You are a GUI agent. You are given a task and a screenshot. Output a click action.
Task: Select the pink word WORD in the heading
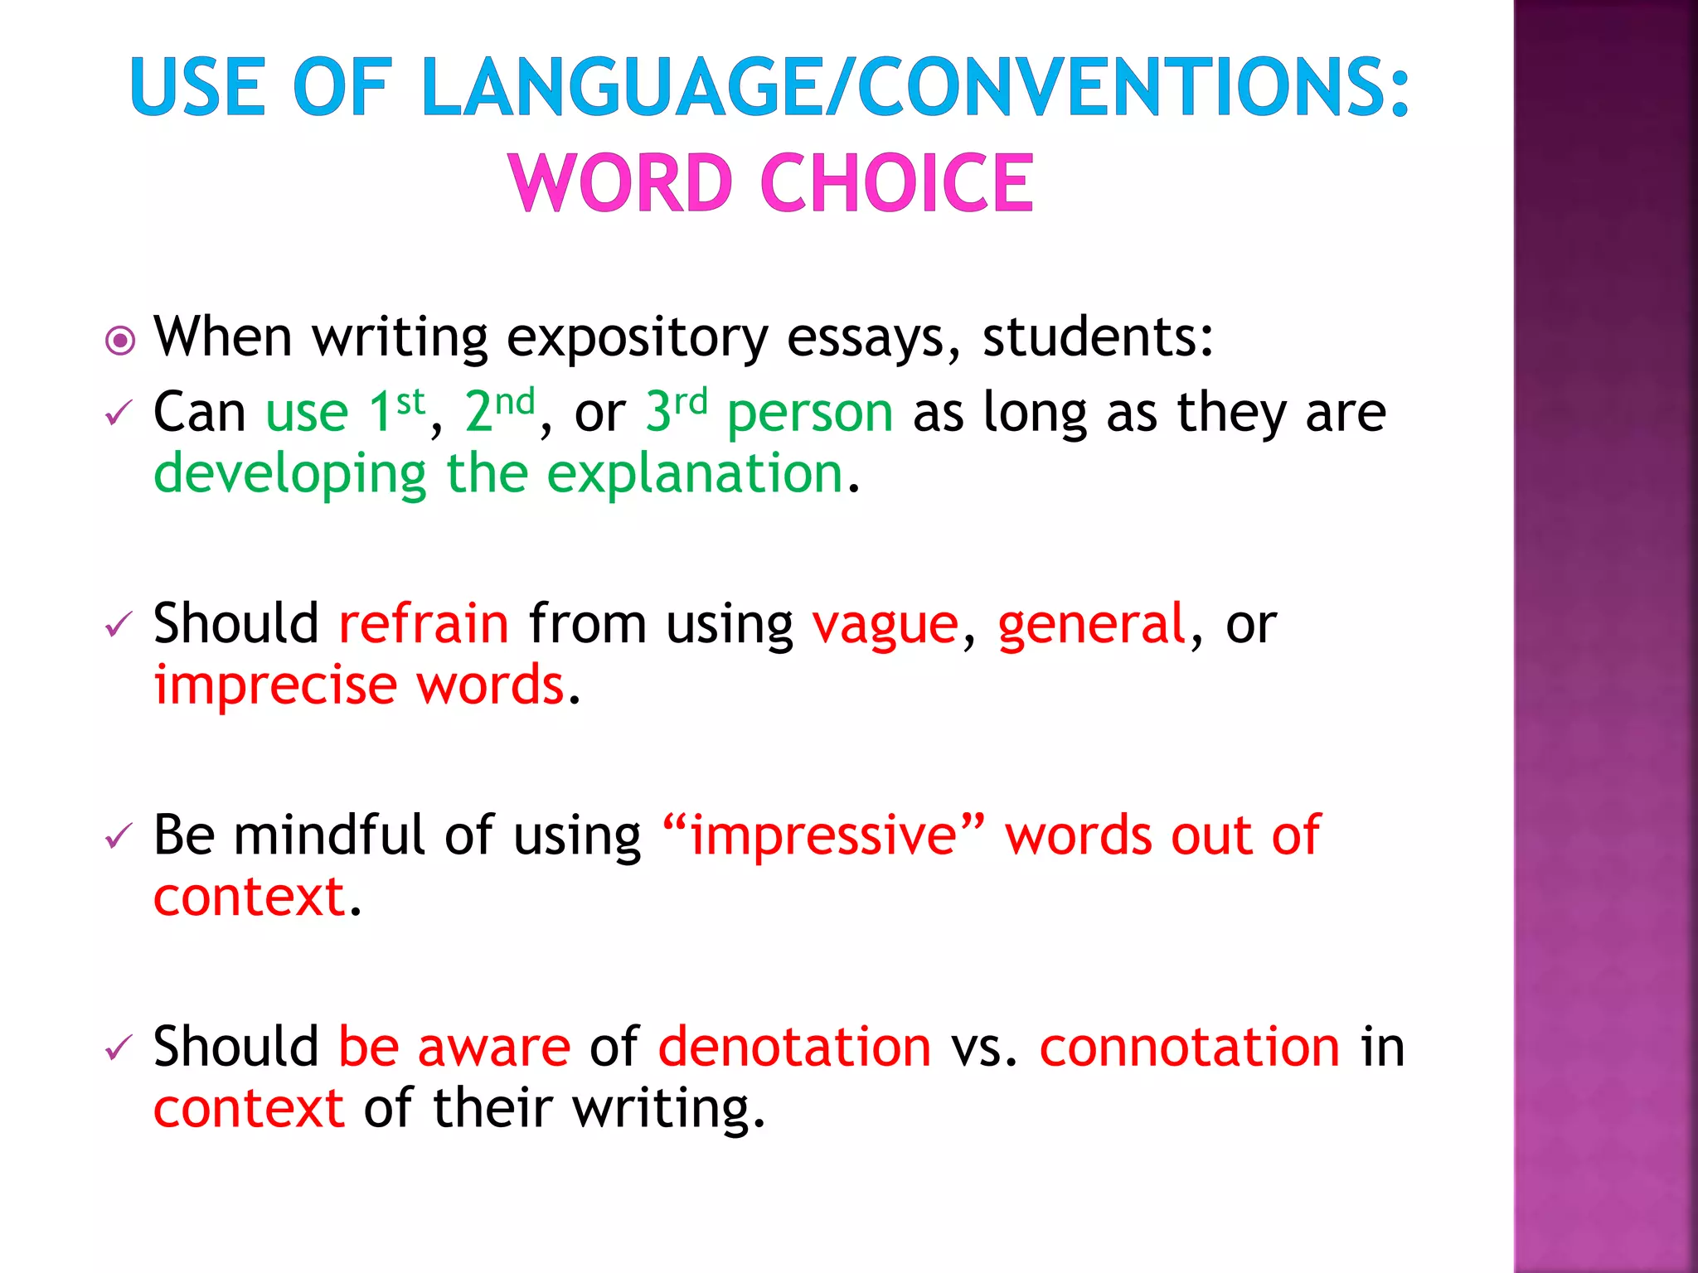[x=621, y=183]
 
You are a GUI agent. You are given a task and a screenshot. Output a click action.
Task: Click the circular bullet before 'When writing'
[x=121, y=341]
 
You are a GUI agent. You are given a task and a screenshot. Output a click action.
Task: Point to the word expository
[x=637, y=339]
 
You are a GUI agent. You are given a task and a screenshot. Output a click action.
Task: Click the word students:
[x=1098, y=337]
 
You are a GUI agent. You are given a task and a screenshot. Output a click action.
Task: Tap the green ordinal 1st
[x=396, y=410]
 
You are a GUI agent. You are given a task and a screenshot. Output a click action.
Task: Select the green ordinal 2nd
[x=499, y=410]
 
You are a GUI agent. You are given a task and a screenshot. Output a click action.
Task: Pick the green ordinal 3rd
[x=677, y=410]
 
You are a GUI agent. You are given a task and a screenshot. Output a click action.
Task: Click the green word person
[x=810, y=414]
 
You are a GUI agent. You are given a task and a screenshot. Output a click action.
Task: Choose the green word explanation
[x=695, y=475]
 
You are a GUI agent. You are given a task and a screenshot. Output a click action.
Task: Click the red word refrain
[x=424, y=623]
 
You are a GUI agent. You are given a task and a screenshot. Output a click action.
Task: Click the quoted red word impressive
[x=824, y=835]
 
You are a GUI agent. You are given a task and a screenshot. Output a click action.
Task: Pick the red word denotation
[x=794, y=1047]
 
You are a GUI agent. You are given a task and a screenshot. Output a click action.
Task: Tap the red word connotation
[x=1190, y=1047]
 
